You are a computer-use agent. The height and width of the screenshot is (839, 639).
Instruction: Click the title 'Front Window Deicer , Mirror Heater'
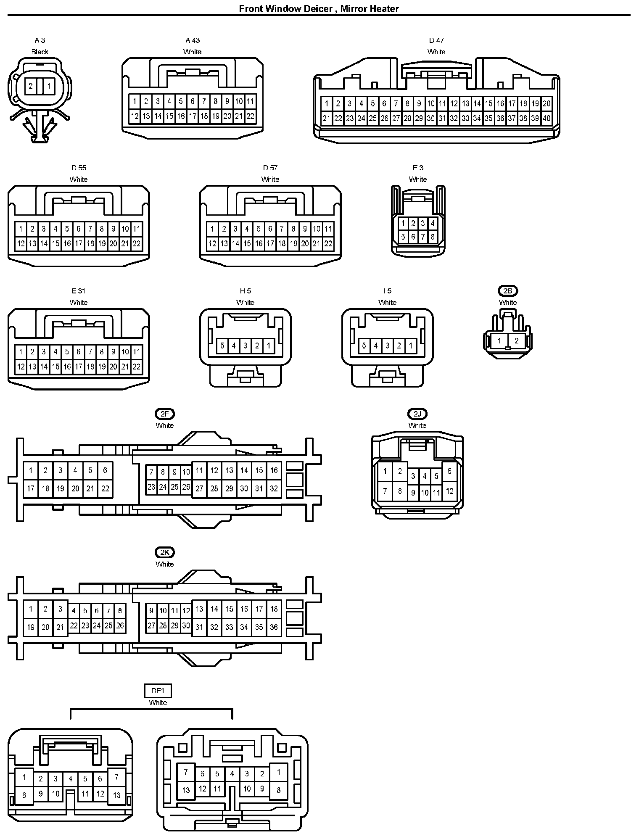pos(319,8)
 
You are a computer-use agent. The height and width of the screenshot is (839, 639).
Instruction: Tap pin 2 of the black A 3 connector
pos(31,86)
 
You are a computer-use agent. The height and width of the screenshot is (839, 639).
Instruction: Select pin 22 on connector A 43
pos(250,116)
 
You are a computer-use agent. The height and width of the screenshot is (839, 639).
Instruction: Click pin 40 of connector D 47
pos(546,118)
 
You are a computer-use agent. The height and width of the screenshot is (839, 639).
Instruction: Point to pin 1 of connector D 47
pos(326,103)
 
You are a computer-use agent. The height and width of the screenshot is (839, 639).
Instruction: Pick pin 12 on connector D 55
pos(21,243)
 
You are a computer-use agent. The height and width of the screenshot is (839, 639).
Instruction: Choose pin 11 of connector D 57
pos(328,229)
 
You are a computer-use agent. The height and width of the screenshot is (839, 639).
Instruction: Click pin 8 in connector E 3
pos(433,237)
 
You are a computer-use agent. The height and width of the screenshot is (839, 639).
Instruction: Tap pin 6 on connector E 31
pos(79,352)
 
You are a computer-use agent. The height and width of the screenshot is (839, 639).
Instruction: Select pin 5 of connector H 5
pos(222,346)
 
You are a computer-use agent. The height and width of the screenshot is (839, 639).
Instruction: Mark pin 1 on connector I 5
pos(410,346)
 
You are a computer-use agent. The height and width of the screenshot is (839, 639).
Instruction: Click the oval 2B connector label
pos(507,290)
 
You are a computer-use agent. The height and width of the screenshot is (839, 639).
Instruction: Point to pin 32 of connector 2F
pos(274,488)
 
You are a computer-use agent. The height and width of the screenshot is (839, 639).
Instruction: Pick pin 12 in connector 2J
pos(449,491)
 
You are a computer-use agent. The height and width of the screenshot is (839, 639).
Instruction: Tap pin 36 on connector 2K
pos(274,627)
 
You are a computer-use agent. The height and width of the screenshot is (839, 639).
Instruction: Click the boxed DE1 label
pos(158,691)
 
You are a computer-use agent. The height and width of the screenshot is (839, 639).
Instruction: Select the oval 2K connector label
pos(164,552)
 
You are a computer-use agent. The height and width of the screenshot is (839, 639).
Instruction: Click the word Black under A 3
pos(40,52)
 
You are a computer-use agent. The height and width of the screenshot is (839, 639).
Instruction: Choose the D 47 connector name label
pos(436,40)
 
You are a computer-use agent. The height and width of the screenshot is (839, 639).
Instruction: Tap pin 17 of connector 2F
pos(30,488)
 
